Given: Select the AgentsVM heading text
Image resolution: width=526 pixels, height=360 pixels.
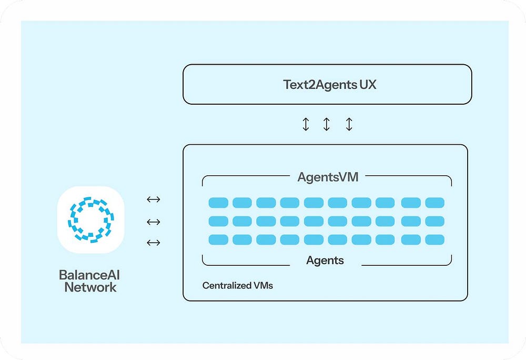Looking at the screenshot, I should pos(328,177).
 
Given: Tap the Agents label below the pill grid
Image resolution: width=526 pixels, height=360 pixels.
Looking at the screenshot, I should pos(325,260).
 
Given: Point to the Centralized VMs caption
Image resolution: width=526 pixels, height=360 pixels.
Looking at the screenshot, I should pos(238,286).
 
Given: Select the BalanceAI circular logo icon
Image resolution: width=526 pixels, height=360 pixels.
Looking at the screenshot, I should pos(90,220).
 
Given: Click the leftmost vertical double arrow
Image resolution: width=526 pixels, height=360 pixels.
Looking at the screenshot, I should pos(306,124).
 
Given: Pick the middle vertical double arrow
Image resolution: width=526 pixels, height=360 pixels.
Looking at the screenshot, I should pos(327,124).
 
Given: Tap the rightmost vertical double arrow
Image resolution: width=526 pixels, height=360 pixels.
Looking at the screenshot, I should pos(349,124).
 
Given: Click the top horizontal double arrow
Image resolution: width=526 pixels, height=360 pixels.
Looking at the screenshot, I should pos(153,199).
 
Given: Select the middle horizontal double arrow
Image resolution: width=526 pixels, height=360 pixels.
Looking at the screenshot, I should pos(153,222).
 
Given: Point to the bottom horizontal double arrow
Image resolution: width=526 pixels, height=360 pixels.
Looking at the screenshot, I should pos(153,243).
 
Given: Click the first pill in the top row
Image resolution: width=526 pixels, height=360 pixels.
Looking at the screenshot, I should pos(218,203).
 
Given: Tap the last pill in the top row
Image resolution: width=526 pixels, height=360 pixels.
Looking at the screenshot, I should pos(435,203).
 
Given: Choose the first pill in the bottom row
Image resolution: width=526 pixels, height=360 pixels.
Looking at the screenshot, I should pos(218,240).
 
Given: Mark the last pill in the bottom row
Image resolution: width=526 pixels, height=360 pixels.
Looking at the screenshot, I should pos(435,240).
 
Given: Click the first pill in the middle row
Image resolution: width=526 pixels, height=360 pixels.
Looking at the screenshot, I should pos(218,221).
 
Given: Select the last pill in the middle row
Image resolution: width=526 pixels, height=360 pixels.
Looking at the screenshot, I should pos(435,221).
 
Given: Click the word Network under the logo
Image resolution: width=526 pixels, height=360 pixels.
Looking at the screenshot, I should pos(90,287).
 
